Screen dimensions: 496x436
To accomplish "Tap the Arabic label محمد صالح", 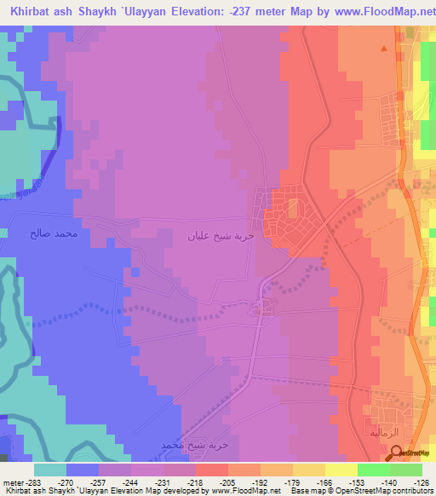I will click(x=54, y=231).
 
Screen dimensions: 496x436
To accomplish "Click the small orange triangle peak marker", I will click(x=384, y=49).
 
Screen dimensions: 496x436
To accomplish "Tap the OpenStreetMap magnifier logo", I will click(x=395, y=452).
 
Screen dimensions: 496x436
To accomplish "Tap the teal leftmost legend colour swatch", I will click(x=50, y=470).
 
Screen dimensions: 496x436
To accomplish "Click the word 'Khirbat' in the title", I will click(x=26, y=10).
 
